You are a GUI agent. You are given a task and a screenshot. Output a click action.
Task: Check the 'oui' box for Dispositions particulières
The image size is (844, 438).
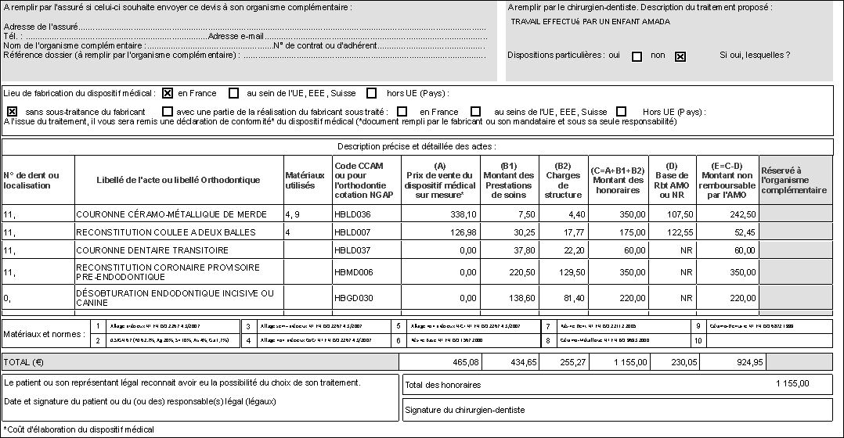pos(637,56)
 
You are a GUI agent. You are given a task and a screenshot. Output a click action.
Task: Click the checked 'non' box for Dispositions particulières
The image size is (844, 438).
pos(680,56)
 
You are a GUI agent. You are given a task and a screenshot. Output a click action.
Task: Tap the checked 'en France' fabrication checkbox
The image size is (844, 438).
pos(168,94)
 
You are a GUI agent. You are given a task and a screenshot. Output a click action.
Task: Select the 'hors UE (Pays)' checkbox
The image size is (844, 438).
pos(372,94)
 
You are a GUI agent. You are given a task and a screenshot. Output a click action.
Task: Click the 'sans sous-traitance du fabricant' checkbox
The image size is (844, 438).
pos(12,112)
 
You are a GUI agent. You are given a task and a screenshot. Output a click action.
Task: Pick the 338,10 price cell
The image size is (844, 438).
pos(462,214)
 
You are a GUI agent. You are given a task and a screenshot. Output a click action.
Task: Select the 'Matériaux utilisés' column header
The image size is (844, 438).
pos(305,180)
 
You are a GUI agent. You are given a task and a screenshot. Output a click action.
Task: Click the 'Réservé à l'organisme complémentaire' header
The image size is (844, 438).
pos(794,180)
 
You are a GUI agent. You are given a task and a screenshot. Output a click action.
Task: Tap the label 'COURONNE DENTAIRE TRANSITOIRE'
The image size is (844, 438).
pos(152,250)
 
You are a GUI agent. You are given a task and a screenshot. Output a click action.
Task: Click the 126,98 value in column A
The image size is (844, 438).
pos(462,232)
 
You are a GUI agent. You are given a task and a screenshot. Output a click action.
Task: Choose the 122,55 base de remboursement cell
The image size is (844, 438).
pos(679,232)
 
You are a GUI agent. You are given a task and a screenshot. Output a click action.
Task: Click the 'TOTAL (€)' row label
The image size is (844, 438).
pos(24,362)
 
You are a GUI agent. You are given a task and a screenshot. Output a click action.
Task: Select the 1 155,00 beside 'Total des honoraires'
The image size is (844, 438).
pos(792,384)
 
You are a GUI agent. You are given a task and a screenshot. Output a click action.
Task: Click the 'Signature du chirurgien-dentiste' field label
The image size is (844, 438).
pos(464,410)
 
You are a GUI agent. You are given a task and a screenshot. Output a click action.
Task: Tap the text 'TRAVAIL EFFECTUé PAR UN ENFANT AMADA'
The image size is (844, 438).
pos(590,22)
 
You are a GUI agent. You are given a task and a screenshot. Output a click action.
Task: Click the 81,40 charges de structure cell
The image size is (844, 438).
pos(569,298)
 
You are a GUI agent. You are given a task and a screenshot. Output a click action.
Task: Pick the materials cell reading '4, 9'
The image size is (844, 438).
pos(293,214)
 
